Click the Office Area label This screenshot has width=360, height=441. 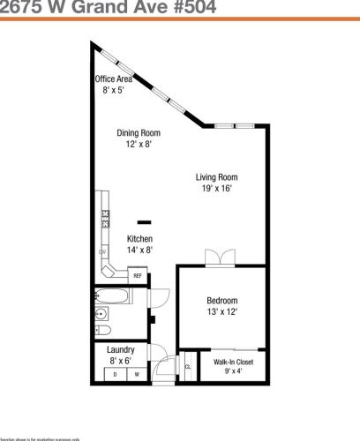coord(113,79)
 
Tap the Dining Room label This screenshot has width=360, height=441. coord(139,134)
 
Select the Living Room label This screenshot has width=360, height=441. coord(218,177)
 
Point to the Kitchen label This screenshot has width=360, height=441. coord(139,239)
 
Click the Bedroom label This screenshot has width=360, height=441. coord(221,300)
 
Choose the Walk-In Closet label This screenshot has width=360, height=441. coord(233,363)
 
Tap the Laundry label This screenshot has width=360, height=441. coord(121,350)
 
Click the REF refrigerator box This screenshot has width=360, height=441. coord(138,276)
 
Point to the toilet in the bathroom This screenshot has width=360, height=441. coord(103,332)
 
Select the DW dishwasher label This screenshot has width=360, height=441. coord(103,253)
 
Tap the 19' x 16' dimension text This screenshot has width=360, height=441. coord(218,188)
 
